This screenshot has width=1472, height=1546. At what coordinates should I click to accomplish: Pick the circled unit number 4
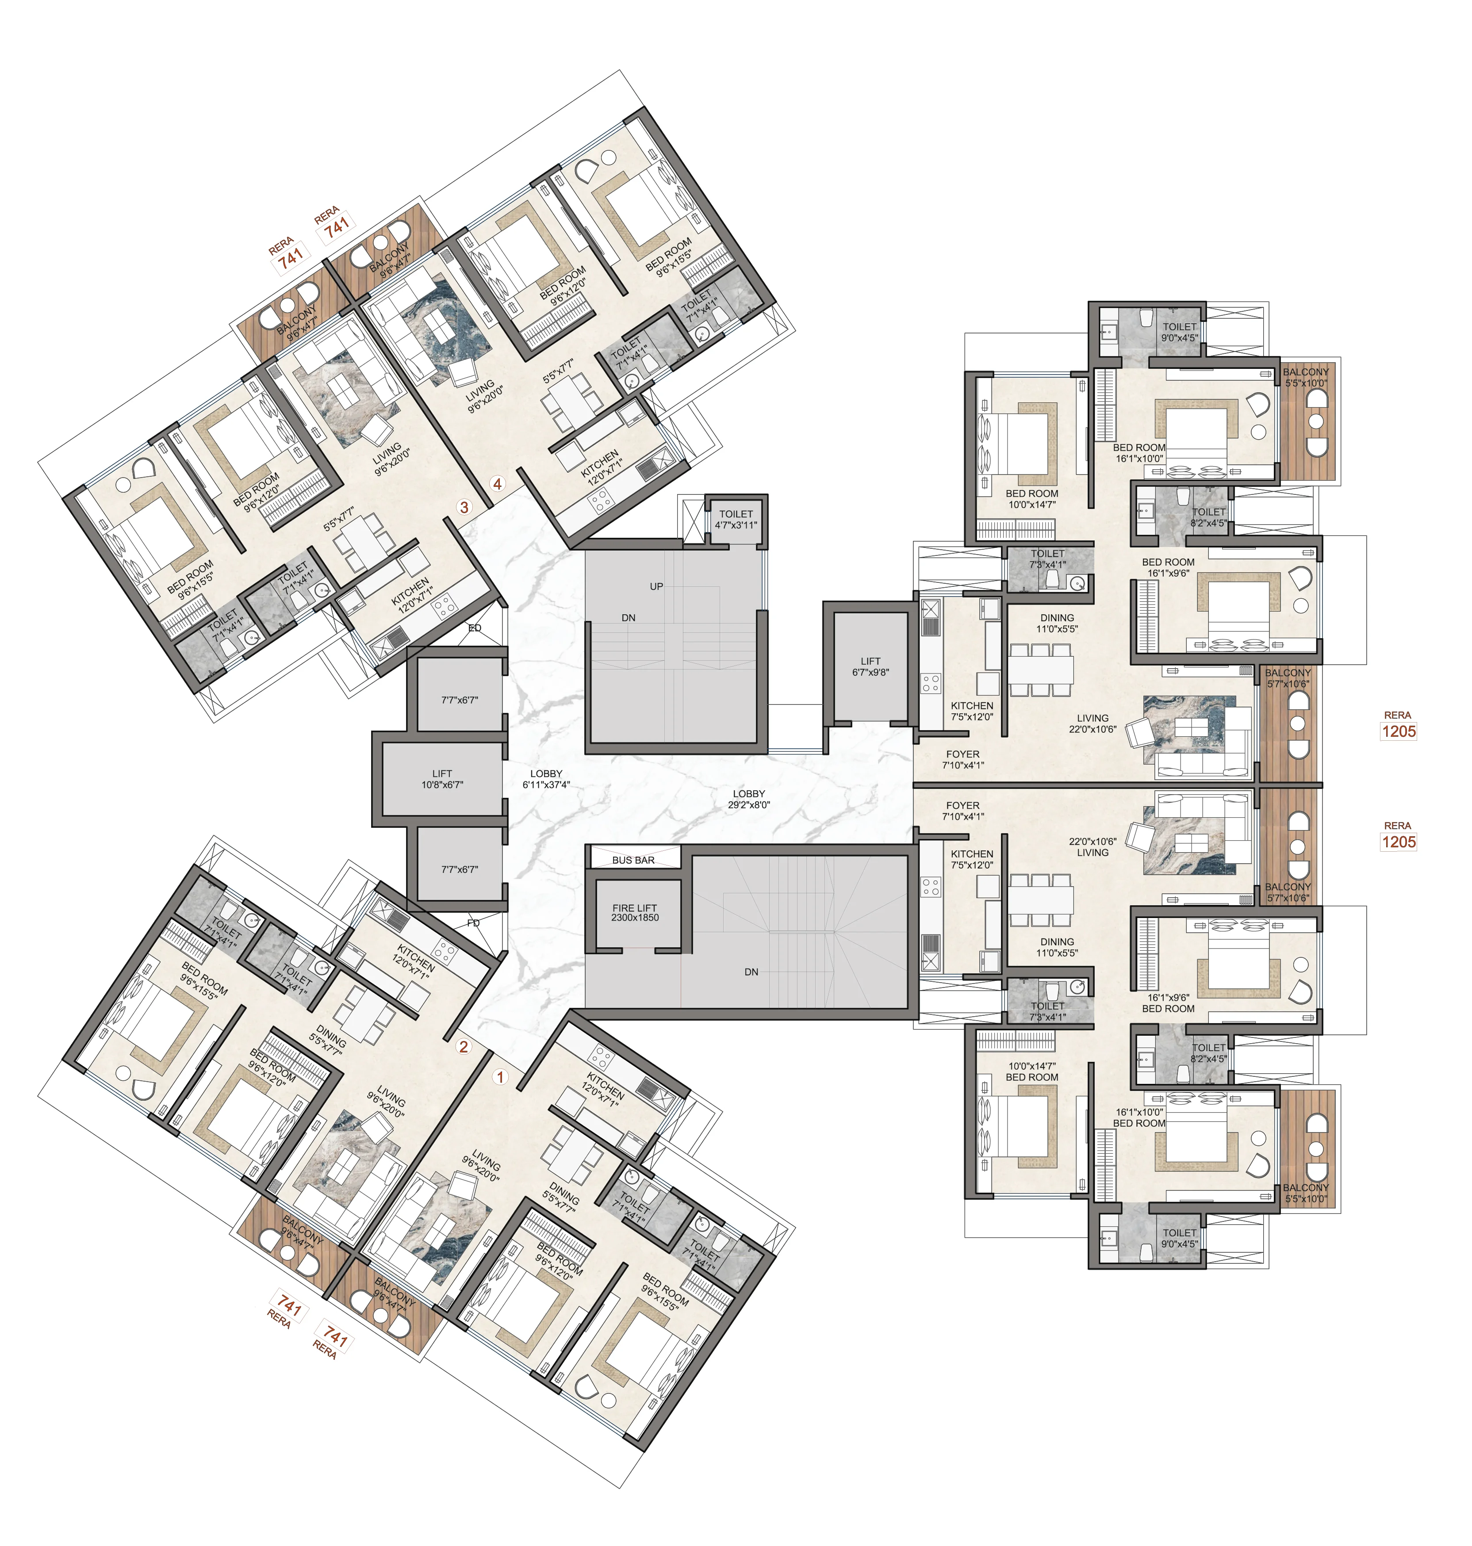pyautogui.click(x=498, y=484)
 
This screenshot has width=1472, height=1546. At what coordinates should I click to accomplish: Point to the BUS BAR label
pyautogui.click(x=633, y=860)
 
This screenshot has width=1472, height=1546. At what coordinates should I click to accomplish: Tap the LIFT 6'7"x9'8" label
pyautogui.click(x=870, y=667)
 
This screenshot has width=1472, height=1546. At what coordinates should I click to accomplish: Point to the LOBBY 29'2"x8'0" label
pyautogui.click(x=748, y=799)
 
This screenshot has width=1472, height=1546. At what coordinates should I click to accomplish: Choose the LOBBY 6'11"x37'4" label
pyautogui.click(x=546, y=779)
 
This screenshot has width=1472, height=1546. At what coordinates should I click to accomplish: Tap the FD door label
pyautogui.click(x=473, y=923)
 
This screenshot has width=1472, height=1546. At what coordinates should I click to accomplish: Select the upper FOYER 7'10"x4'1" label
pyautogui.click(x=963, y=759)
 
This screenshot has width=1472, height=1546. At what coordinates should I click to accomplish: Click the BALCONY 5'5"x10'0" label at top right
pyautogui.click(x=1307, y=377)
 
